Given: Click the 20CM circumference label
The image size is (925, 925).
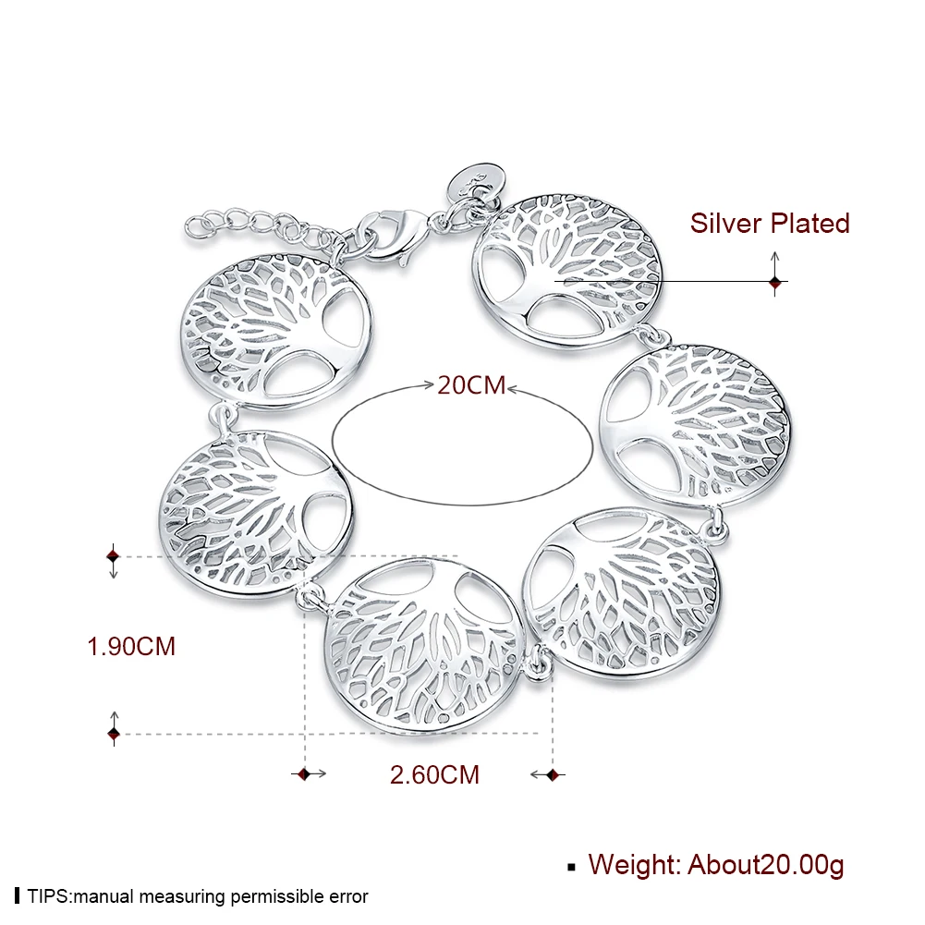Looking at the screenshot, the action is (471, 384).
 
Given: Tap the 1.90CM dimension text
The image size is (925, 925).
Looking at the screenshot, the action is (131, 646).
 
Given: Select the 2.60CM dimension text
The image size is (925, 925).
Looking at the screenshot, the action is (434, 774).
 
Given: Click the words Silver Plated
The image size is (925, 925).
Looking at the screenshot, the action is (770, 223).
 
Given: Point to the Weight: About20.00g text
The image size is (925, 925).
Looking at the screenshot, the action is (716, 865).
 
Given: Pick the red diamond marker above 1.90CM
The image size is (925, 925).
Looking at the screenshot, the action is (114, 555).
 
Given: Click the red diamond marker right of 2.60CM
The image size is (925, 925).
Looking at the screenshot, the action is (554, 774).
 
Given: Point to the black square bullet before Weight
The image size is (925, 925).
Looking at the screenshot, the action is (571, 867).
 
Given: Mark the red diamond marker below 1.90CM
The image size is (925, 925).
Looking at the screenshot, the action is (114, 735).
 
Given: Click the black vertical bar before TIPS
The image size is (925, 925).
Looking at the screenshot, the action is (18, 896).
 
